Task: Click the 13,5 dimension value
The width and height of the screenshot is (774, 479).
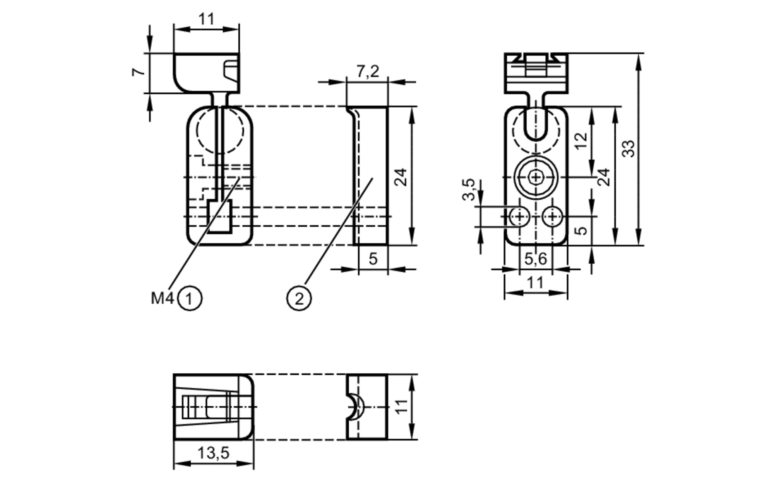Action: (x=213, y=452)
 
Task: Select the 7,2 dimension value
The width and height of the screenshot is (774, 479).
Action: (x=367, y=72)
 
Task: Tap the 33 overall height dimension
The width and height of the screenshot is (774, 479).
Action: (x=628, y=149)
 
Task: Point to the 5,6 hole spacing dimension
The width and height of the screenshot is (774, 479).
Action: (x=536, y=259)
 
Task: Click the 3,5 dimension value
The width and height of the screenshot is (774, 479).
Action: (x=469, y=190)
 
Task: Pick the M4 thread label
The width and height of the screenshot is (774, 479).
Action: (x=162, y=298)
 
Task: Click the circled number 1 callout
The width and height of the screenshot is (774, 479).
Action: (x=190, y=299)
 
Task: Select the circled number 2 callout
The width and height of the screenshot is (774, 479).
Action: (x=299, y=299)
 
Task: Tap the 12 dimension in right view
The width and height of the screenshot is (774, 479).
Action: (x=581, y=141)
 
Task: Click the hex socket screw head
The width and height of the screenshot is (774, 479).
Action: (x=536, y=177)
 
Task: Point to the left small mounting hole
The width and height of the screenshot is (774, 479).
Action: (x=519, y=216)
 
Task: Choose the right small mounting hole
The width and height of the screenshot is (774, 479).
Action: (x=552, y=216)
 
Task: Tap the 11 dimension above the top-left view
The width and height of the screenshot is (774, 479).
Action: (x=206, y=19)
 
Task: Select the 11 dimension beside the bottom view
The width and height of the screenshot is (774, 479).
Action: (x=402, y=407)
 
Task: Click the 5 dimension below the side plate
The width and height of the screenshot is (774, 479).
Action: (x=373, y=259)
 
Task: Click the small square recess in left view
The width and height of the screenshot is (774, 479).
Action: (x=219, y=217)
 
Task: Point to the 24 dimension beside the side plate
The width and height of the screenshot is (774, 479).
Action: (x=402, y=177)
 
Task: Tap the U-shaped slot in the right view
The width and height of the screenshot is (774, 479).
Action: (x=536, y=124)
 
